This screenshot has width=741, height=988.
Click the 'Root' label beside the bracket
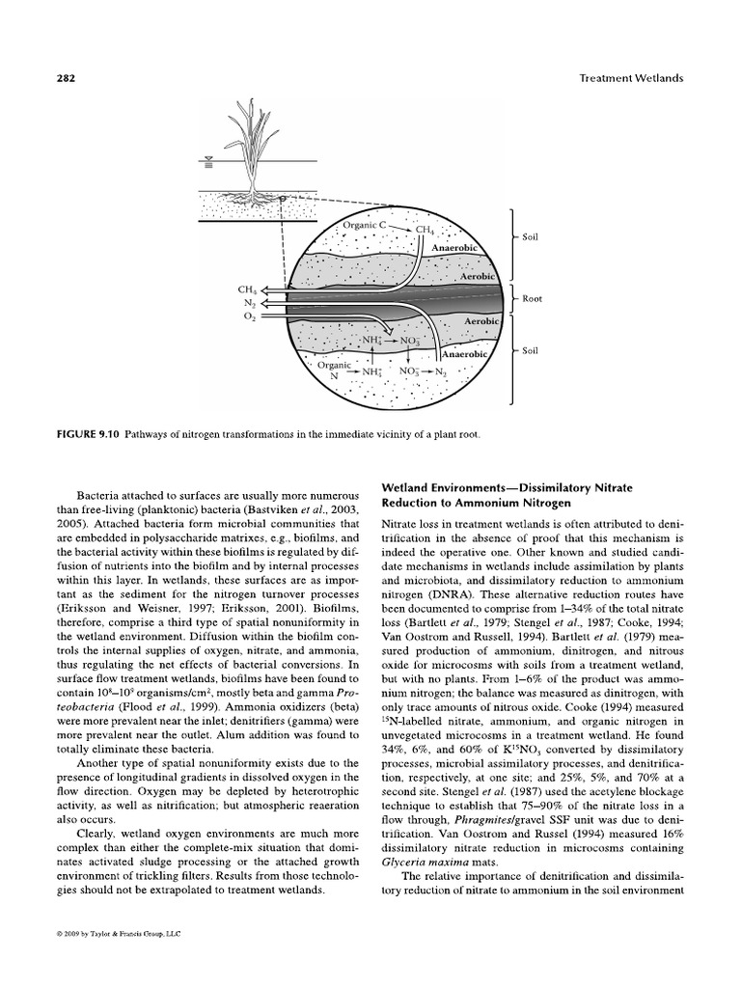[532, 299]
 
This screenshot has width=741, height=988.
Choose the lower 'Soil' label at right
[530, 351]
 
